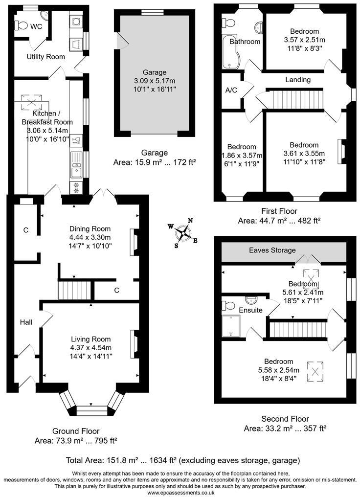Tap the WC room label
click(36, 26)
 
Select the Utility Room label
click(45, 57)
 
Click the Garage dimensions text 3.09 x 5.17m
click(154, 81)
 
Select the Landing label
click(298, 80)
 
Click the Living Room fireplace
click(133, 344)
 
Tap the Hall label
click(26, 322)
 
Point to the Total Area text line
click(182, 460)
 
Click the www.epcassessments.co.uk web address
click(181, 493)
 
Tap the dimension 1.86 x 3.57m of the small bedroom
click(241, 155)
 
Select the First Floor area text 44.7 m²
click(279, 221)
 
